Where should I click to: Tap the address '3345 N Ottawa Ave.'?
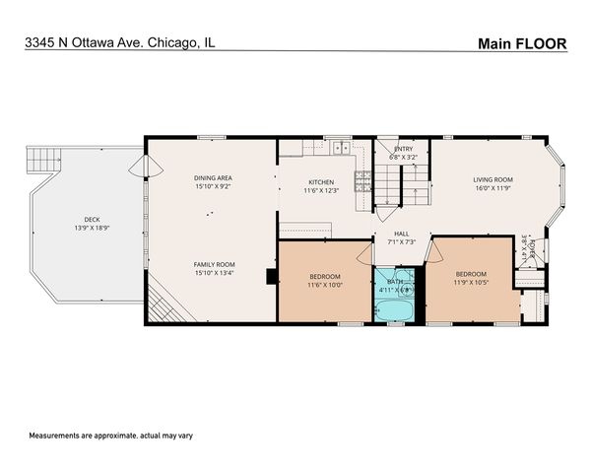(x=85, y=42)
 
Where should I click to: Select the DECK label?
(x=92, y=219)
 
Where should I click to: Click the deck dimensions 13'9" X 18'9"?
(x=92, y=228)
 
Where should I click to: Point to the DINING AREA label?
(x=213, y=178)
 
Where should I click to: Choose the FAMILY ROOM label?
(x=213, y=264)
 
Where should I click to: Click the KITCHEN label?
(x=322, y=182)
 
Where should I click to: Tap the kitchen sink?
(x=339, y=148)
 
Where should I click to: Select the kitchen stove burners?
(x=362, y=180)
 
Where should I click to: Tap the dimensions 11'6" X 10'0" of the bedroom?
(x=325, y=284)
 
